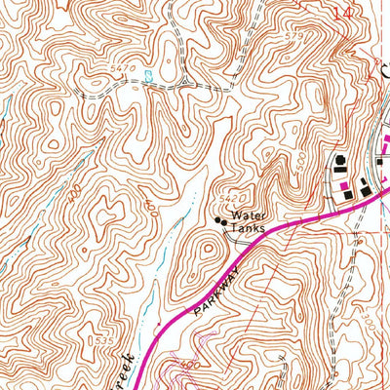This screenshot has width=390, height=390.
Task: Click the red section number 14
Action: point(340,14)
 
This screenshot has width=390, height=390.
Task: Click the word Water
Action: point(248,214)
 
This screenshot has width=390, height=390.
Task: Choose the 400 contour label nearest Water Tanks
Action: point(149,206)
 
